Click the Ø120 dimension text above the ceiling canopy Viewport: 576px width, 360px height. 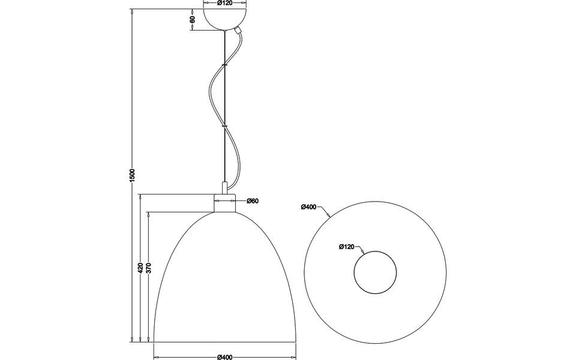(x=224, y=4)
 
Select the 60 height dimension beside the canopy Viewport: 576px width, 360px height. (x=192, y=19)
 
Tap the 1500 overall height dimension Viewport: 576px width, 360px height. (x=133, y=175)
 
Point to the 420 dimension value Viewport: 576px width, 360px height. (x=140, y=268)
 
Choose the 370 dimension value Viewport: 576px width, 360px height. (x=148, y=268)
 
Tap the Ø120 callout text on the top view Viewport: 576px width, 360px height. (x=347, y=246)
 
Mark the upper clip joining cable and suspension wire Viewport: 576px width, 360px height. (x=224, y=64)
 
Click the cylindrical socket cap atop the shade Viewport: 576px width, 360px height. (x=224, y=203)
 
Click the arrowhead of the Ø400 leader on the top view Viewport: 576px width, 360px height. (x=331, y=216)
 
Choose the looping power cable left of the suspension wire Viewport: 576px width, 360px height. (x=213, y=90)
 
